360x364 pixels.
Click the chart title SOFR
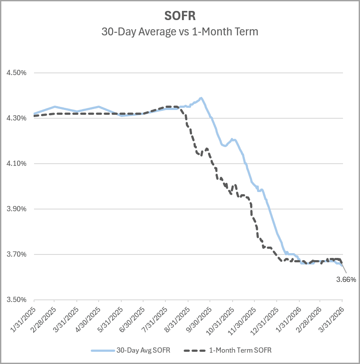(x=180, y=16)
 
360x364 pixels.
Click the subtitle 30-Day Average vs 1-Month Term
(x=180, y=31)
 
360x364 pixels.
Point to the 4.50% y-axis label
(x=17, y=73)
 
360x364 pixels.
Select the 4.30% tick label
(x=17, y=118)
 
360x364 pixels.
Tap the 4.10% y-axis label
(x=17, y=164)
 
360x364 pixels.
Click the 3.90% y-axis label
(x=17, y=209)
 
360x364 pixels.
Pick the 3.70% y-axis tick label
(x=17, y=254)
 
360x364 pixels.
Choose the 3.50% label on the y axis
(x=17, y=300)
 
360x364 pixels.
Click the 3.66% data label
(x=346, y=279)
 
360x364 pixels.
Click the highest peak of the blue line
(x=201, y=98)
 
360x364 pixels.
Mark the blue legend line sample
(x=102, y=350)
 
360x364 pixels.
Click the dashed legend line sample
(x=195, y=350)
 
